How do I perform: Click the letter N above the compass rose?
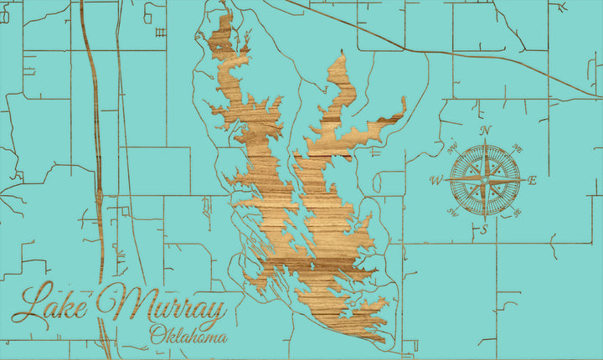pyautogui.click(x=485, y=131)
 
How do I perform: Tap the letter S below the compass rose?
pyautogui.click(x=483, y=229)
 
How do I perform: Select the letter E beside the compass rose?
pyautogui.click(x=533, y=180)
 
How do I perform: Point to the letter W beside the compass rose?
pyautogui.click(x=435, y=180)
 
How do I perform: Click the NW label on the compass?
pyautogui.click(x=453, y=150)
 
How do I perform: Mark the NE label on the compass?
pyautogui.click(x=516, y=148)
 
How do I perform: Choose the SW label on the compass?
pyautogui.click(x=453, y=212)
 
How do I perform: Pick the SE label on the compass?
pyautogui.click(x=516, y=212)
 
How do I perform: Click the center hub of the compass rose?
pyautogui.click(x=484, y=180)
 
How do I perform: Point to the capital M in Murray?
pyautogui.click(x=117, y=306)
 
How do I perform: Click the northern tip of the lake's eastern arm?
pyautogui.click(x=342, y=56)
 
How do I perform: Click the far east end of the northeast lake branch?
pyautogui.click(x=405, y=100)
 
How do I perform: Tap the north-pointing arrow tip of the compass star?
pyautogui.click(x=484, y=142)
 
